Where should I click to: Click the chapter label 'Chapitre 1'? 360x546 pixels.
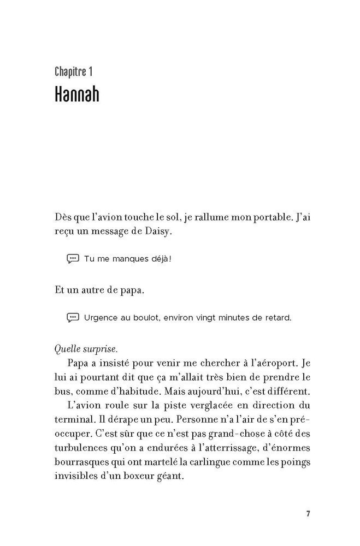coord(76,72)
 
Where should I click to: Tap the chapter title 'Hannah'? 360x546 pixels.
coord(76,93)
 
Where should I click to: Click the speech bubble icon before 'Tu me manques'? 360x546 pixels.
coord(73,258)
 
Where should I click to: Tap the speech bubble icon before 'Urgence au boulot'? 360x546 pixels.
coord(73,317)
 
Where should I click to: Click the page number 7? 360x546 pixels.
coord(308,514)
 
